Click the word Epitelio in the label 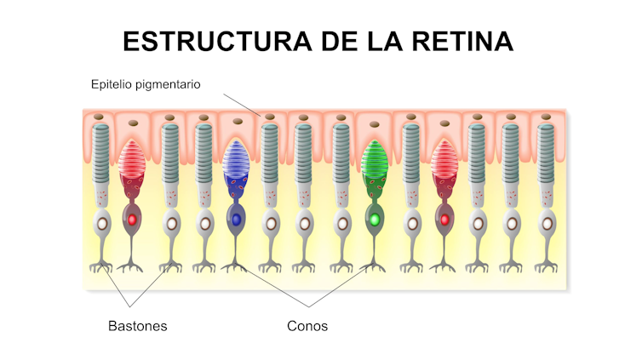[112, 84]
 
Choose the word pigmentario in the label [174, 85]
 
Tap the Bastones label [136, 326]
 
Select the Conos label [307, 326]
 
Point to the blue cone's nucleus [237, 220]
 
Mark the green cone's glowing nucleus [374, 220]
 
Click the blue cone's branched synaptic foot [237, 265]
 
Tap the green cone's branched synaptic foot [374, 265]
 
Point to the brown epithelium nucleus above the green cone [375, 120]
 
